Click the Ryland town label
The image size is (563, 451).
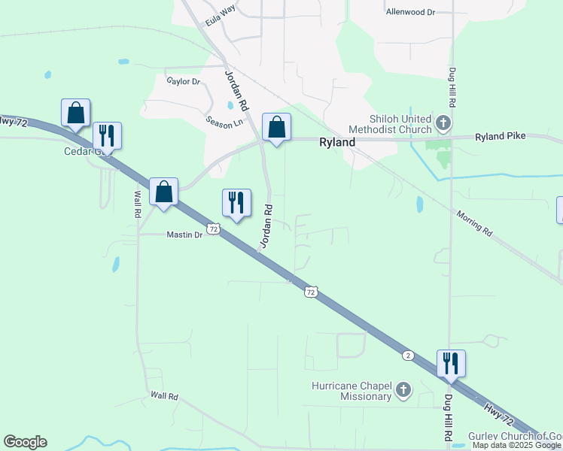[337, 141]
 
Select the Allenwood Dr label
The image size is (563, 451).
[410, 12]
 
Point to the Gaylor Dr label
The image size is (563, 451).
[183, 81]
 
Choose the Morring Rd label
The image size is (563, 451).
[474, 223]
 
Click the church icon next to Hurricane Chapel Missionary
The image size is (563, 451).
[403, 390]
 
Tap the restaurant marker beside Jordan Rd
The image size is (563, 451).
[236, 202]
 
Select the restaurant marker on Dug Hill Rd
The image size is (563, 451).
[451, 364]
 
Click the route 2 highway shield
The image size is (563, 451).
[407, 354]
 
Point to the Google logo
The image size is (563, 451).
[25, 442]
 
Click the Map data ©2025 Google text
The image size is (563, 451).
[517, 446]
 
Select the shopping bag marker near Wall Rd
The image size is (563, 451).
[163, 192]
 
